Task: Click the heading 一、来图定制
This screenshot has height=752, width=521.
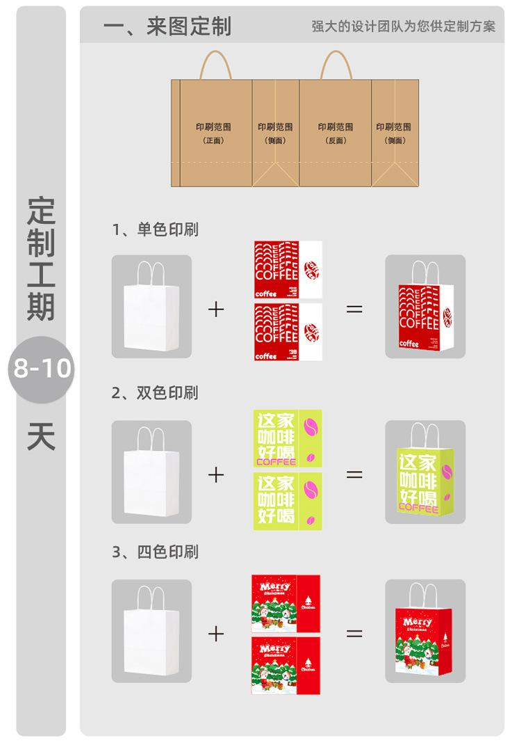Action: (x=167, y=26)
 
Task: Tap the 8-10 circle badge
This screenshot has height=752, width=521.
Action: (x=42, y=369)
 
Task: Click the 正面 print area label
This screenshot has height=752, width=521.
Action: (x=213, y=133)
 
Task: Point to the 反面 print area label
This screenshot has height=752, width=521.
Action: (x=336, y=133)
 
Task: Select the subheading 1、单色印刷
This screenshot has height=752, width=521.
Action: (x=156, y=230)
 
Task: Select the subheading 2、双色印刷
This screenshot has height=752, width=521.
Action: (x=156, y=393)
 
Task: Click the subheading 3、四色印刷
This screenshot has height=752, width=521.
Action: (x=156, y=552)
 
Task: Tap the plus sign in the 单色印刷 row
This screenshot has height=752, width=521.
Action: (x=216, y=310)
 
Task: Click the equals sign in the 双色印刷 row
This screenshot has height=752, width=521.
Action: (x=354, y=474)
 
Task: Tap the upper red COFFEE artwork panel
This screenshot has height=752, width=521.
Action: (x=288, y=270)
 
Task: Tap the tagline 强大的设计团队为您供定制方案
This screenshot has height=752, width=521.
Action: (x=404, y=27)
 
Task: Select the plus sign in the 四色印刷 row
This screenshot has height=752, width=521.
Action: (x=216, y=633)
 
